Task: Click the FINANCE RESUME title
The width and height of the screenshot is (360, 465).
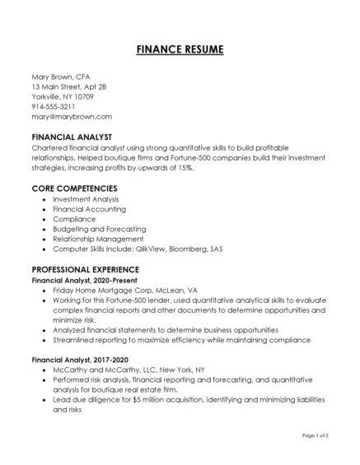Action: click(180, 49)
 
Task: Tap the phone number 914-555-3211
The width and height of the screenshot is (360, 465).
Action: click(54, 106)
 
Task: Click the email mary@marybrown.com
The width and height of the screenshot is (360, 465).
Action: click(71, 117)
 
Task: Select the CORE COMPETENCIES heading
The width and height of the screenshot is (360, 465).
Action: click(74, 188)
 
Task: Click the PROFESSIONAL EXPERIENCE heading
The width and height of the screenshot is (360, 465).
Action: click(86, 268)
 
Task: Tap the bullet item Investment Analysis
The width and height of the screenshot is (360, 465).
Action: click(86, 198)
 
